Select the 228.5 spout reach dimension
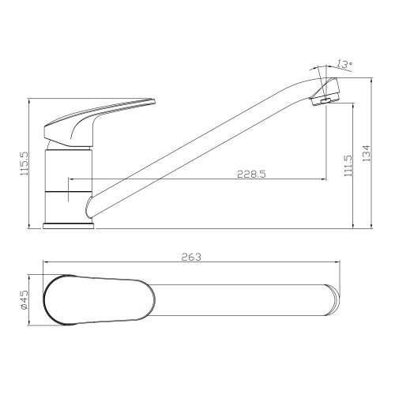click(252, 174)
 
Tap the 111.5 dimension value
click(348, 166)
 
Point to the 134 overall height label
click(367, 153)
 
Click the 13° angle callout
click(345, 64)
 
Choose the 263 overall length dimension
click(191, 257)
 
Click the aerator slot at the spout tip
click(326, 100)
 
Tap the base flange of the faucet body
click(69, 226)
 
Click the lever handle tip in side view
click(154, 101)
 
